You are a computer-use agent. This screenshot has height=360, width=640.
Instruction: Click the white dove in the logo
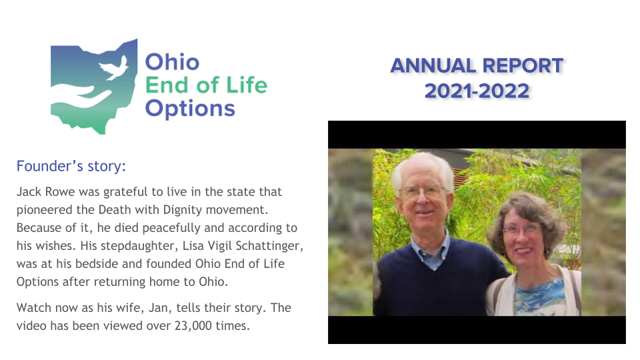(x=113, y=68)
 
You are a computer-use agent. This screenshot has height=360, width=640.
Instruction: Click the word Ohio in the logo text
(x=172, y=62)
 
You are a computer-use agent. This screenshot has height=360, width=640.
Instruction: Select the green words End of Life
(x=206, y=85)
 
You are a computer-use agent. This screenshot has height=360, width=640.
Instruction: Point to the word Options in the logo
(x=190, y=109)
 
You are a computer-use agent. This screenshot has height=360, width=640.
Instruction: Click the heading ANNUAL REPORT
(x=477, y=66)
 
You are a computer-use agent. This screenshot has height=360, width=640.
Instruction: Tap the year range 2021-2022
(x=477, y=91)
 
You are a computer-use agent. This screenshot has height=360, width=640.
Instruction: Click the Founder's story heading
(x=71, y=166)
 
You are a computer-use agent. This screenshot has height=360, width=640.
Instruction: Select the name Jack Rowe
(x=46, y=191)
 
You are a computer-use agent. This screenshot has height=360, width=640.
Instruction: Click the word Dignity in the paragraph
(x=183, y=210)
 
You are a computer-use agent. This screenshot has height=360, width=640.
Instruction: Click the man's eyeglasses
(x=422, y=192)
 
